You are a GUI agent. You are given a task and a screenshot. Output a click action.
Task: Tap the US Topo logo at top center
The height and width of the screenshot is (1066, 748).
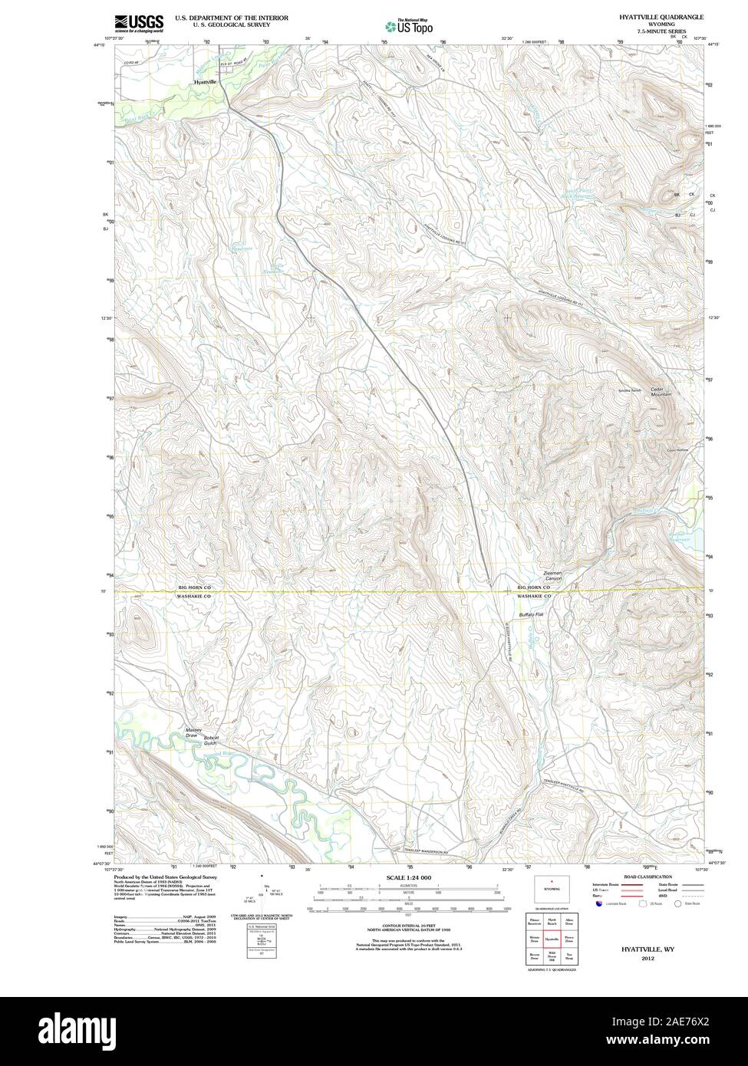[409, 25]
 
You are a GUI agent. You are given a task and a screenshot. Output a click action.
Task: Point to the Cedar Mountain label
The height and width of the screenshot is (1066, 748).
[661, 391]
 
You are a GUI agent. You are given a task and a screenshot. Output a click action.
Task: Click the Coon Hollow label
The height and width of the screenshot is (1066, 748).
[678, 450]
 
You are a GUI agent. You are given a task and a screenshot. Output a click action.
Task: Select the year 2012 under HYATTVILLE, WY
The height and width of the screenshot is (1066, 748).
[647, 959]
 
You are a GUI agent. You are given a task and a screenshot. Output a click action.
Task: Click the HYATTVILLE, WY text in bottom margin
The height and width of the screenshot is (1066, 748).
[647, 949]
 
